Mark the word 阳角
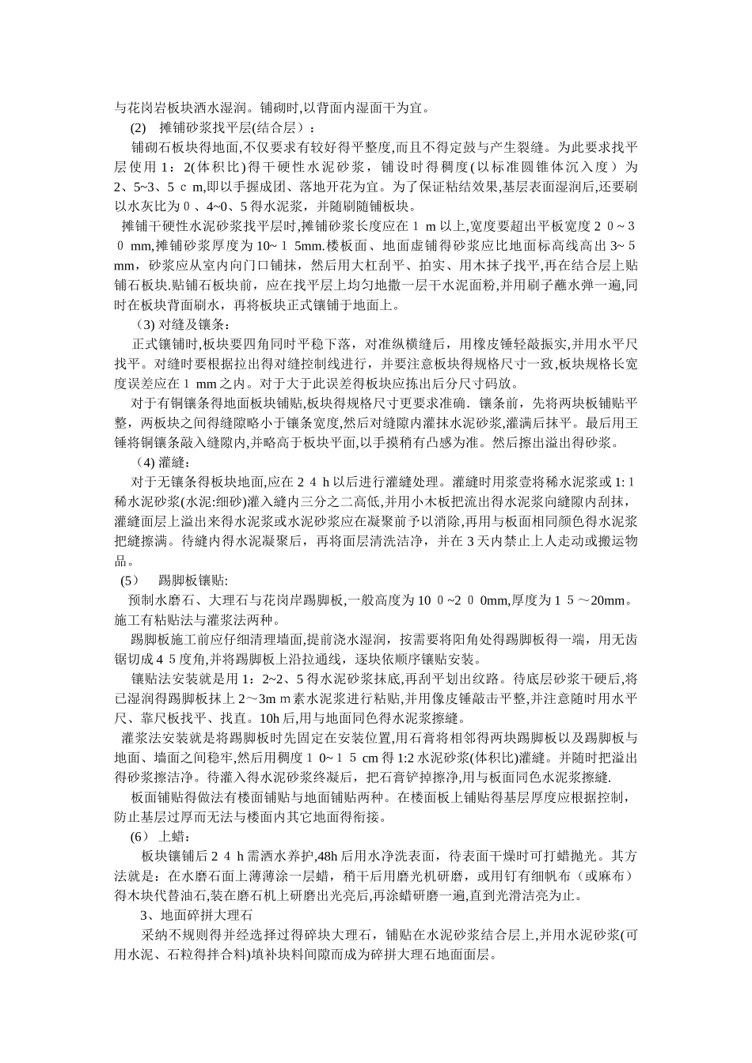point(472,640)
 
